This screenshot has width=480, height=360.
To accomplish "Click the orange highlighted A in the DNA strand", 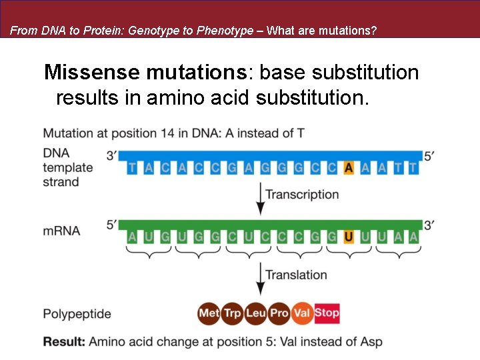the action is [348, 167].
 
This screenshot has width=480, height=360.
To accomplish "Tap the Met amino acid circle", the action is [209, 313].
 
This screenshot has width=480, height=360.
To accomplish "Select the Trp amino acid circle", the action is [232, 313].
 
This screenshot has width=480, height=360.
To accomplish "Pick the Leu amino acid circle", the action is [255, 313].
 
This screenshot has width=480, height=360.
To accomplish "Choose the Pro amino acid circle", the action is [279, 313].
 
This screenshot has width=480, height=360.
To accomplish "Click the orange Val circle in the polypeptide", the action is [302, 313].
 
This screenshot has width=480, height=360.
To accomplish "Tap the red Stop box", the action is [327, 313].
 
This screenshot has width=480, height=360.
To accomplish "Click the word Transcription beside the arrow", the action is [302, 195].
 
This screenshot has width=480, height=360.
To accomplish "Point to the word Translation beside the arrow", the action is [296, 275].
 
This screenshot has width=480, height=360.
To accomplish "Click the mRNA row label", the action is [61, 231].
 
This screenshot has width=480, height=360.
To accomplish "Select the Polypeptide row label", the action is [77, 313].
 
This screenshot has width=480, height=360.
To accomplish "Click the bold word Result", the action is [64, 342].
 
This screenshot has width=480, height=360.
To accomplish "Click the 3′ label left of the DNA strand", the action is [112, 156].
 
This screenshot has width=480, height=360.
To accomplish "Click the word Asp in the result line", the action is [371, 342].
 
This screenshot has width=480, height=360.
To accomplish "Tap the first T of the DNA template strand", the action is [131, 167].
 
